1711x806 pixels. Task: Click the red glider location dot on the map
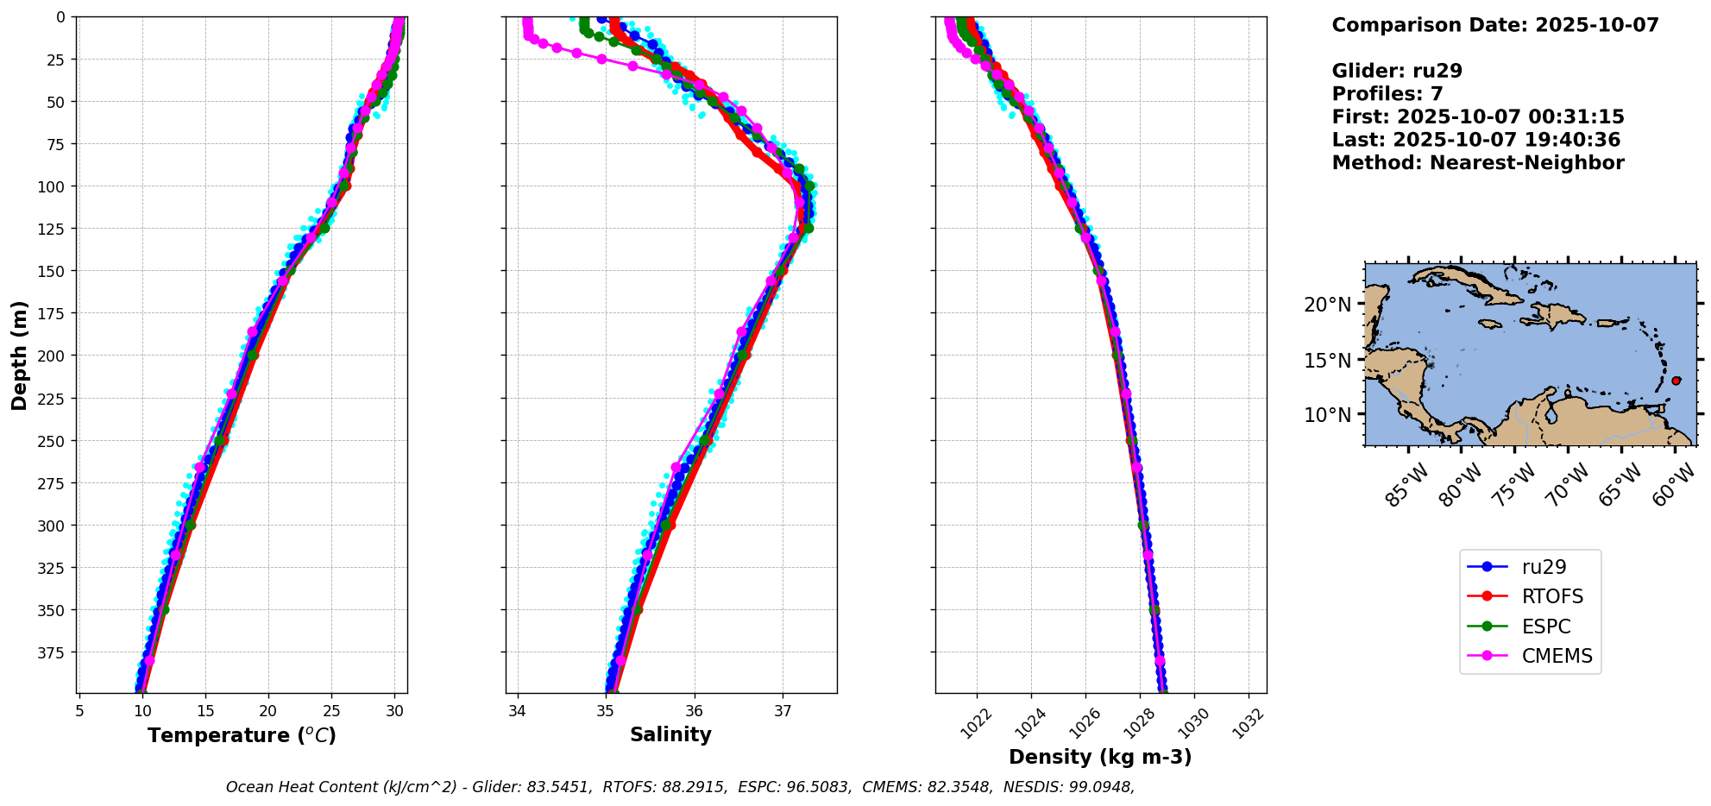pos(1676,381)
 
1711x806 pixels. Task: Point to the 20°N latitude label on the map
pos(1327,305)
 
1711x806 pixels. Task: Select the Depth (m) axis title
pos(20,355)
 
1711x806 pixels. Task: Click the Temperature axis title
pos(242,735)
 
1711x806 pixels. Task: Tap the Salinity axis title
pos(670,734)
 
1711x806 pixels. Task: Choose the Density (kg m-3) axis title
pos(1100,757)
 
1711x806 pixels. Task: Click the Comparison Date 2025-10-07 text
pos(1494,25)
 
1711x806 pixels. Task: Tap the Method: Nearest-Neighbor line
pos(1477,163)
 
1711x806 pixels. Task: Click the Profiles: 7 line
pos(1387,94)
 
